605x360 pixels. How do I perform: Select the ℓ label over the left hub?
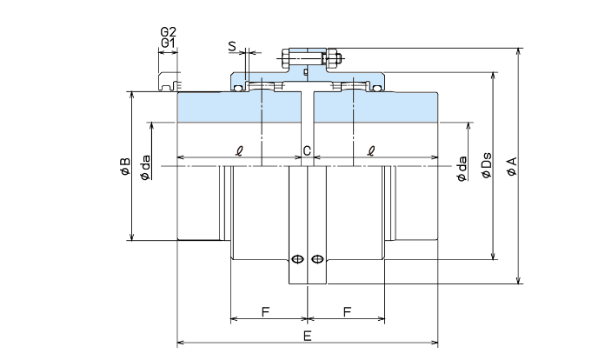[x=240, y=150]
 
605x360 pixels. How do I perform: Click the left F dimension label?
[x=264, y=311]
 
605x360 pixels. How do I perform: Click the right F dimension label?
[x=348, y=311]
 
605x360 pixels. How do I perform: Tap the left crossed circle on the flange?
[x=298, y=258]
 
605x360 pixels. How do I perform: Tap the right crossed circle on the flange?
[x=317, y=258]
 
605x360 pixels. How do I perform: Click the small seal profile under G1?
[x=169, y=83]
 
